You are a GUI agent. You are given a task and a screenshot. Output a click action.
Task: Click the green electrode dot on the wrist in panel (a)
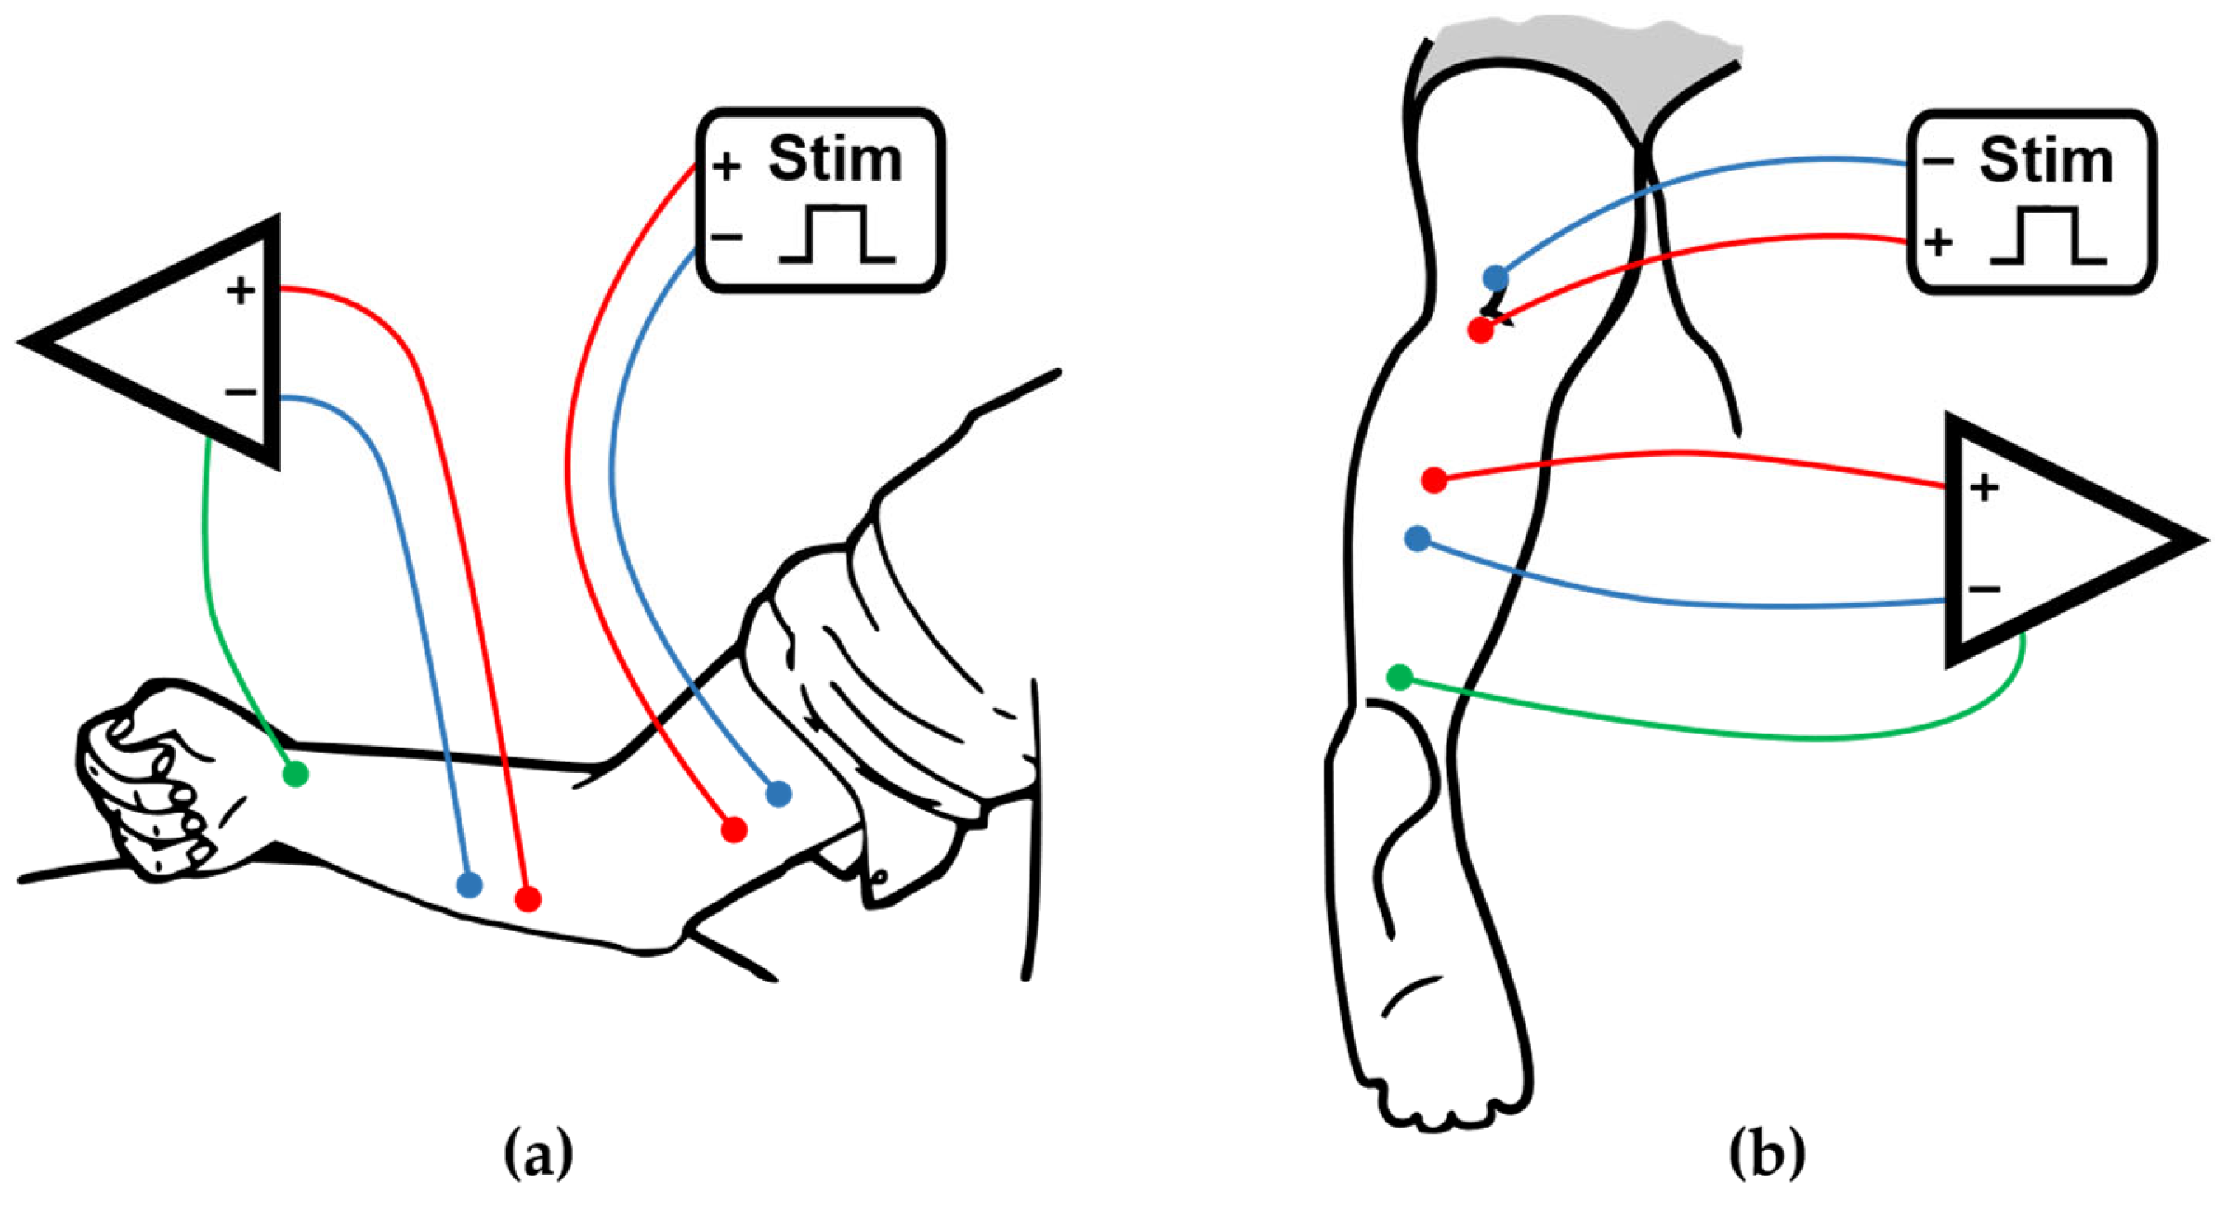click(x=296, y=774)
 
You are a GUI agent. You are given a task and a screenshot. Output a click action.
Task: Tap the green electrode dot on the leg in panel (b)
click(x=1399, y=677)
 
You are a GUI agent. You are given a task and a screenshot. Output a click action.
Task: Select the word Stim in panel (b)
click(x=2046, y=161)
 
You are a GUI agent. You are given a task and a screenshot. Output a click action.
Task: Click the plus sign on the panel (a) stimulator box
click(x=727, y=166)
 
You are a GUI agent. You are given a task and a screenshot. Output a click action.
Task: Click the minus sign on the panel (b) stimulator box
click(x=1939, y=162)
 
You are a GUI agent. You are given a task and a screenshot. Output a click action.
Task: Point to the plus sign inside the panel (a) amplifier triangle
click(x=241, y=291)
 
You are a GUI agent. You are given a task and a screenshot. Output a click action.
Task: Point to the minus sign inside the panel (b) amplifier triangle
click(x=1985, y=589)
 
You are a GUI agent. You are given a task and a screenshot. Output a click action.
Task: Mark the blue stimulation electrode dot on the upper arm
click(x=778, y=793)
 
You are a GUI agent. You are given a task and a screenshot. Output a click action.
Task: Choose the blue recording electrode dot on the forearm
click(x=469, y=884)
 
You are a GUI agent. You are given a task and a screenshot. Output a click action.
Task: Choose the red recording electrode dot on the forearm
click(x=528, y=899)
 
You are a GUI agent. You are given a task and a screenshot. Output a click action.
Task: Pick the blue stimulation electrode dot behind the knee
click(x=1496, y=279)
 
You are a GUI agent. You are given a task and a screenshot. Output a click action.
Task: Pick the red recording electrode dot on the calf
click(x=1434, y=480)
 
